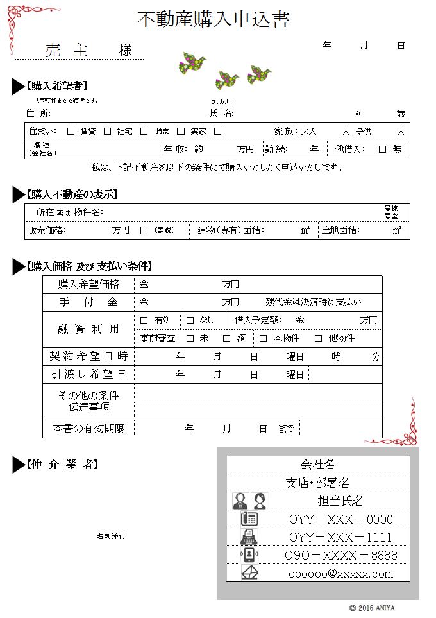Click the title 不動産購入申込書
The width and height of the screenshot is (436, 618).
coord(214,20)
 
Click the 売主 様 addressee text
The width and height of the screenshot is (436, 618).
coord(88,51)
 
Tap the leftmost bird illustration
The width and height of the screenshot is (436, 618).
coord(192,63)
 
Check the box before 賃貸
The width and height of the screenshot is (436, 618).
coord(71,132)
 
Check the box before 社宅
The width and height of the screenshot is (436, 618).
coord(108,132)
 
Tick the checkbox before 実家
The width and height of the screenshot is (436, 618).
coord(181,132)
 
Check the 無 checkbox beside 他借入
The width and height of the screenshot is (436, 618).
coord(382,150)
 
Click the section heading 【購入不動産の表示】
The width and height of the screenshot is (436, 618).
coord(72,194)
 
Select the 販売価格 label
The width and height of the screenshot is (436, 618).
coord(47,230)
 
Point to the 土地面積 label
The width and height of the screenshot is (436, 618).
coord(340,230)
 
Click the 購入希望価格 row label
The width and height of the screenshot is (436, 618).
coord(88,284)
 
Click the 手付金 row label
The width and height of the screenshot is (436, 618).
coord(88,302)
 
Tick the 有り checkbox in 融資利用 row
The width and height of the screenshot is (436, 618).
coord(144,320)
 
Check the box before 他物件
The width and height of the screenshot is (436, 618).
coord(318,338)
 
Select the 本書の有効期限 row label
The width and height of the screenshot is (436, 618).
coord(88,428)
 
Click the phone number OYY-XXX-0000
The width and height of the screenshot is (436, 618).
coord(340,519)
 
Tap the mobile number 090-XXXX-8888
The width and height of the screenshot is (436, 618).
coord(340,555)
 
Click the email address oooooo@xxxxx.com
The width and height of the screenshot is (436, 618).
coord(340,573)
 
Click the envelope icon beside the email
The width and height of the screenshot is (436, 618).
coord(249,572)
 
